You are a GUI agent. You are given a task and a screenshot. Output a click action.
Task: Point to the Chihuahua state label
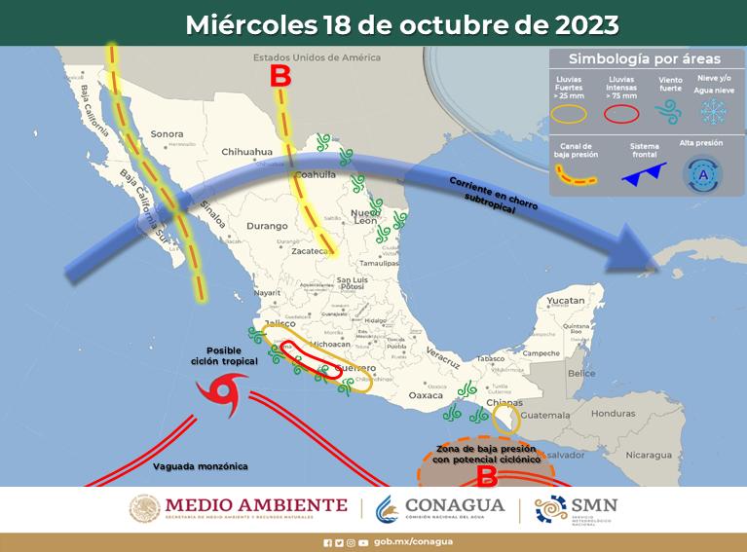tap(245, 152)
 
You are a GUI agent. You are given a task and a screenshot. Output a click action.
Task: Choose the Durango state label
tap(240, 225)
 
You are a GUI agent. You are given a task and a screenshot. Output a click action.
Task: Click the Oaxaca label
tap(425, 395)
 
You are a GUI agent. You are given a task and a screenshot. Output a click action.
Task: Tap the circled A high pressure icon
tap(704, 175)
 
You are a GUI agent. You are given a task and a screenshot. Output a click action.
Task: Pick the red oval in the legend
tap(621, 113)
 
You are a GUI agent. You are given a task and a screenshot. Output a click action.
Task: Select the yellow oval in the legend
tap(570, 113)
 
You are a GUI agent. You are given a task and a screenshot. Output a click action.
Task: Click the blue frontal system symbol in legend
tap(644, 174)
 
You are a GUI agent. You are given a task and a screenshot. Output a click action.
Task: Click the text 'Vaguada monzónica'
tap(201, 466)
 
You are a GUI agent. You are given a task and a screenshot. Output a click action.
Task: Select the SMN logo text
tap(595, 504)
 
